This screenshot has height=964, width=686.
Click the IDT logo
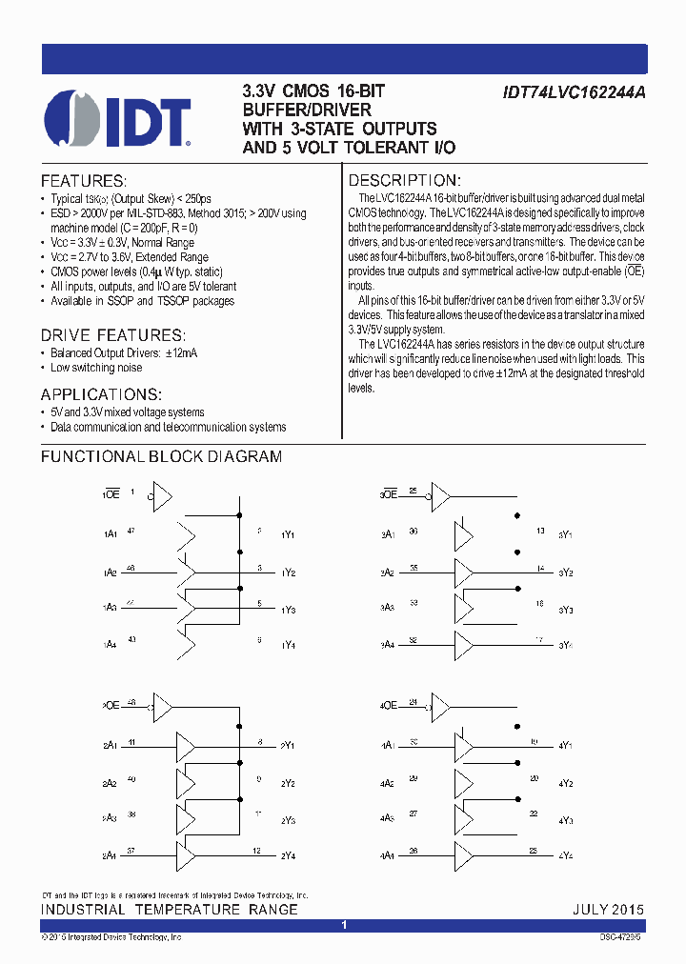[x=118, y=120]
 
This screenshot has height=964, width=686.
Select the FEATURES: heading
[x=83, y=181]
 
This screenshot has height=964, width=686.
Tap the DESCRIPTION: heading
[x=404, y=181]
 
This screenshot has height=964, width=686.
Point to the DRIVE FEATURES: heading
[x=112, y=335]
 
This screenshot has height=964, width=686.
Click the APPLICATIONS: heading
[x=101, y=395]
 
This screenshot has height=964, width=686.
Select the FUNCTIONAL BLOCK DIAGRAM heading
[x=161, y=456]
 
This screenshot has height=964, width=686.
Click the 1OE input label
[x=111, y=495]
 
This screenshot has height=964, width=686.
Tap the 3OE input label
[x=389, y=495]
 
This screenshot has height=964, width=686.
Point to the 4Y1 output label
[x=565, y=745]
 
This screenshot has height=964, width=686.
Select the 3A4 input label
[x=389, y=646]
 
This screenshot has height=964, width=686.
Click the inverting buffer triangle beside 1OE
[x=159, y=495]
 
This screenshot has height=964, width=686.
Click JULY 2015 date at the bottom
[x=608, y=909]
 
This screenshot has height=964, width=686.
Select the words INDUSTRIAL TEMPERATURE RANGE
[x=170, y=909]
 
